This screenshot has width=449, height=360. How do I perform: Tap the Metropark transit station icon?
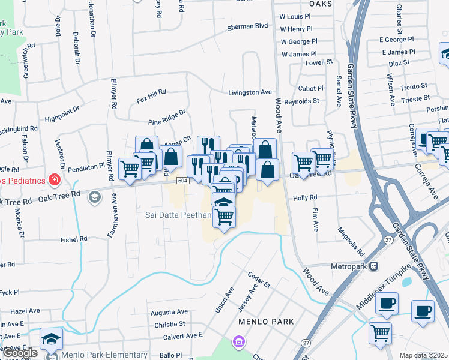[373, 265]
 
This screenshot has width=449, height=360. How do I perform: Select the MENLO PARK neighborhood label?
[266, 322]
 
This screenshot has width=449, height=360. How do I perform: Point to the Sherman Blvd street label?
[247, 26]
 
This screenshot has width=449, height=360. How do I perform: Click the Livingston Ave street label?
[250, 92]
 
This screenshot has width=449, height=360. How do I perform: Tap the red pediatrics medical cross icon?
[55, 179]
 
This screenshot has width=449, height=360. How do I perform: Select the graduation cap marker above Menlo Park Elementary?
[51, 338]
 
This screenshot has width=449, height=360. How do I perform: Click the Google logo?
[20, 353]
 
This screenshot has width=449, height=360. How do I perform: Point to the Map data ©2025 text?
[423, 355]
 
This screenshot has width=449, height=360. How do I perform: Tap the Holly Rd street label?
[305, 197]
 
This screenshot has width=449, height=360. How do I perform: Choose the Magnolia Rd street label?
[351, 238]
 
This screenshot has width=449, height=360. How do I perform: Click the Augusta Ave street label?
[169, 313]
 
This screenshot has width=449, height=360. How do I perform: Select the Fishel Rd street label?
[74, 239]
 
